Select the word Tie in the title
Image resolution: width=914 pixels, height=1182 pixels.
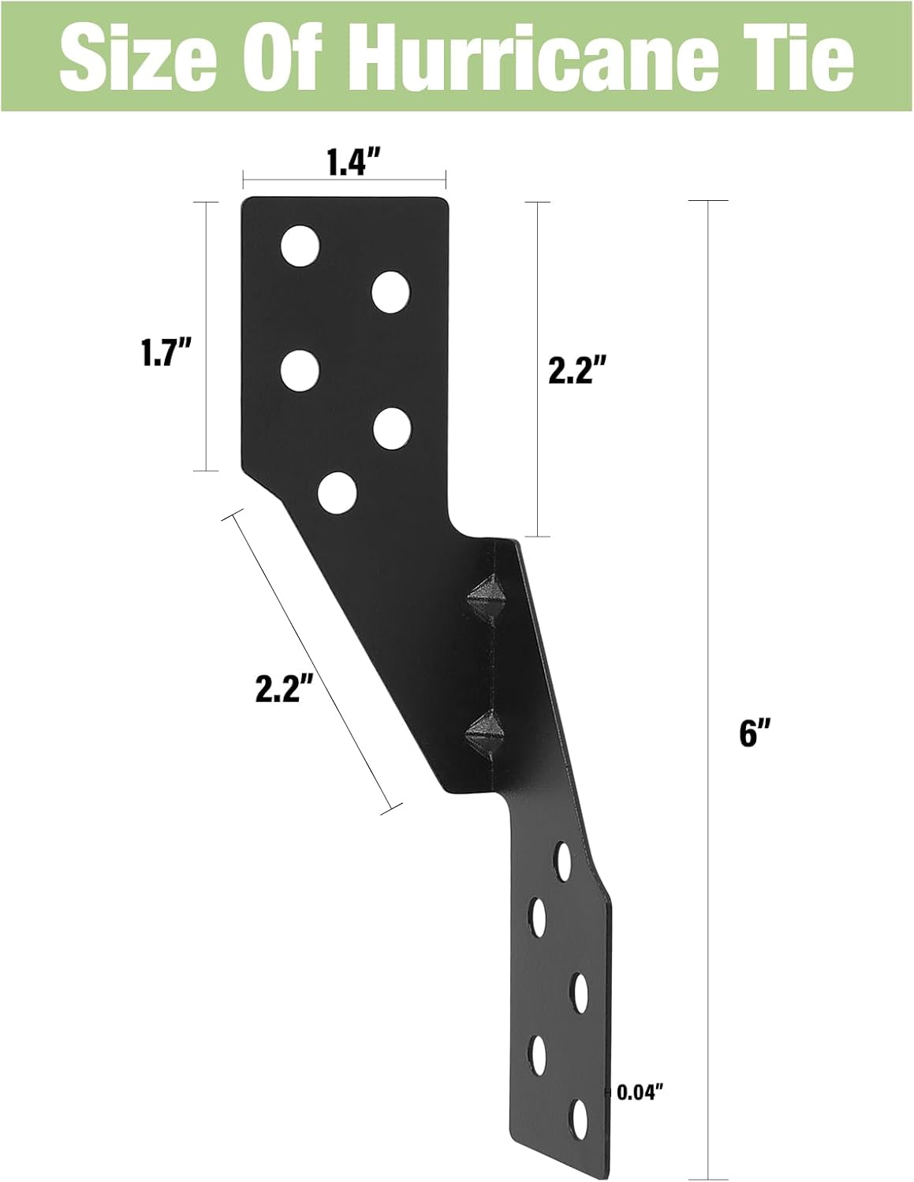[x=796, y=56]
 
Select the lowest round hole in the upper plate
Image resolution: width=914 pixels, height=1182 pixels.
[x=337, y=492]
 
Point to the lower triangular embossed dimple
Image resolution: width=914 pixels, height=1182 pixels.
[x=483, y=732]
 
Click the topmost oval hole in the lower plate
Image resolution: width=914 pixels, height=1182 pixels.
[x=563, y=860]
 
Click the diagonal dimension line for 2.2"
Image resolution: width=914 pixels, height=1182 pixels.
[x=309, y=662]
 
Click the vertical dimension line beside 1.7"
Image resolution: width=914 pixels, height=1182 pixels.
[x=207, y=336]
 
